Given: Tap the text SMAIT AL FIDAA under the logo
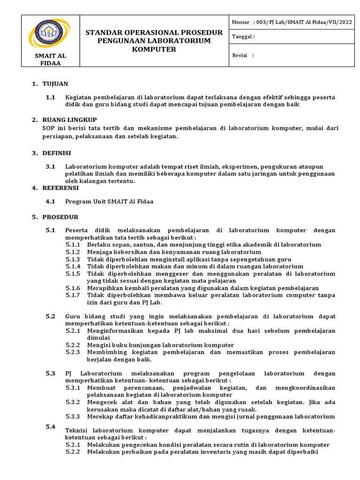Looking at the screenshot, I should (51, 60).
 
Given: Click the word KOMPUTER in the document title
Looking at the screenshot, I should (154, 50).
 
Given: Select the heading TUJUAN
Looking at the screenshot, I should (55, 84).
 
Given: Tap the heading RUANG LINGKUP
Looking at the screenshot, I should (69, 120).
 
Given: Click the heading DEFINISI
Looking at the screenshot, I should (57, 153).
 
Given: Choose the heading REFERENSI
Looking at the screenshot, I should (60, 188).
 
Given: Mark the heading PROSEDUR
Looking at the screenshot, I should (60, 217).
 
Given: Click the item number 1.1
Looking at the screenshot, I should (51, 97).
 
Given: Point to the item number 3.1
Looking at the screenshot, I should (51, 166).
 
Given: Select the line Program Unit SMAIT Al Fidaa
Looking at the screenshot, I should (109, 202).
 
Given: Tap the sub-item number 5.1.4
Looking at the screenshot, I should (73, 266).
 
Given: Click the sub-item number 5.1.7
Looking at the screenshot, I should (73, 295).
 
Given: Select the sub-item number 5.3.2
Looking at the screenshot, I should (73, 402).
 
